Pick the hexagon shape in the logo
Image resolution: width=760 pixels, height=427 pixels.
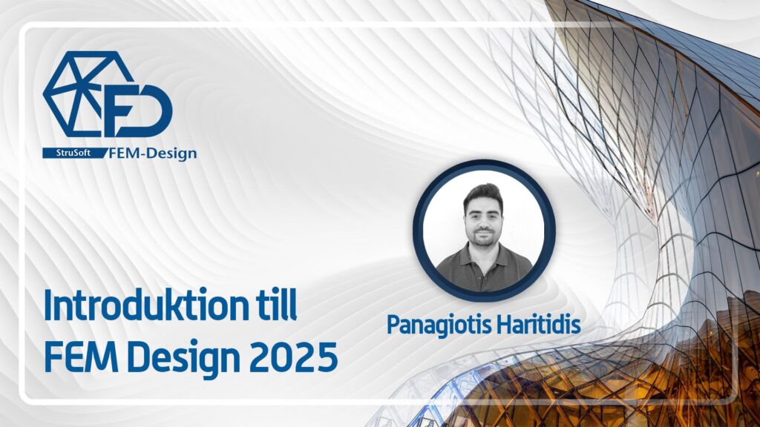pos(74,93)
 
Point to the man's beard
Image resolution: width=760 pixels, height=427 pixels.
pos(484,239)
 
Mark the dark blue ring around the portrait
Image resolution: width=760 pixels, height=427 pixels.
pos(484,167)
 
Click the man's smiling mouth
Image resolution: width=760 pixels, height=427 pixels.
pos(484,233)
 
